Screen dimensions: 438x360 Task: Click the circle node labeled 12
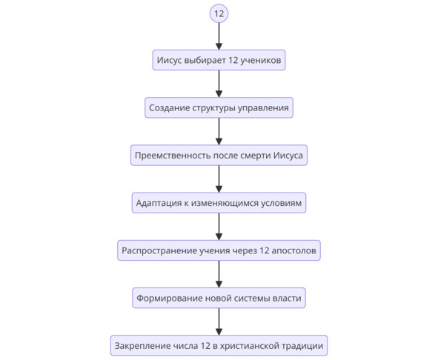[219, 13]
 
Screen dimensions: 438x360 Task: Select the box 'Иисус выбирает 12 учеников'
[219, 60]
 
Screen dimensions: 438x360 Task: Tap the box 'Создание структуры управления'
[219, 108]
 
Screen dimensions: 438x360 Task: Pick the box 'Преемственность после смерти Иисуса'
[219, 156]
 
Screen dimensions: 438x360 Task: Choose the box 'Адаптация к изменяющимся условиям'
[219, 203]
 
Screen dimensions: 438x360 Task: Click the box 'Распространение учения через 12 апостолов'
[219, 250]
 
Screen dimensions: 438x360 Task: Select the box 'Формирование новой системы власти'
[219, 298]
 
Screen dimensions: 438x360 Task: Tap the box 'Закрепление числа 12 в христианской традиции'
[219, 346]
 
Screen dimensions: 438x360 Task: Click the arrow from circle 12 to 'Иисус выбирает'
[219, 36]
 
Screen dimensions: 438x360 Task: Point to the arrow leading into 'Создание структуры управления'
[219, 84]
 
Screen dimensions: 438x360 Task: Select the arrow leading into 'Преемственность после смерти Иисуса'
[219, 131]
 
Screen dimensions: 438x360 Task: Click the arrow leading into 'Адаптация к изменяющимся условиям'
[219, 179]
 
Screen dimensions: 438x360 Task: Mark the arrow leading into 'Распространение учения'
[219, 227]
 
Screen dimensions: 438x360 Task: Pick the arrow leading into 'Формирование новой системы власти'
[219, 274]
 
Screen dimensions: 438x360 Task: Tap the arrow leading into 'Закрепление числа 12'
[219, 321]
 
